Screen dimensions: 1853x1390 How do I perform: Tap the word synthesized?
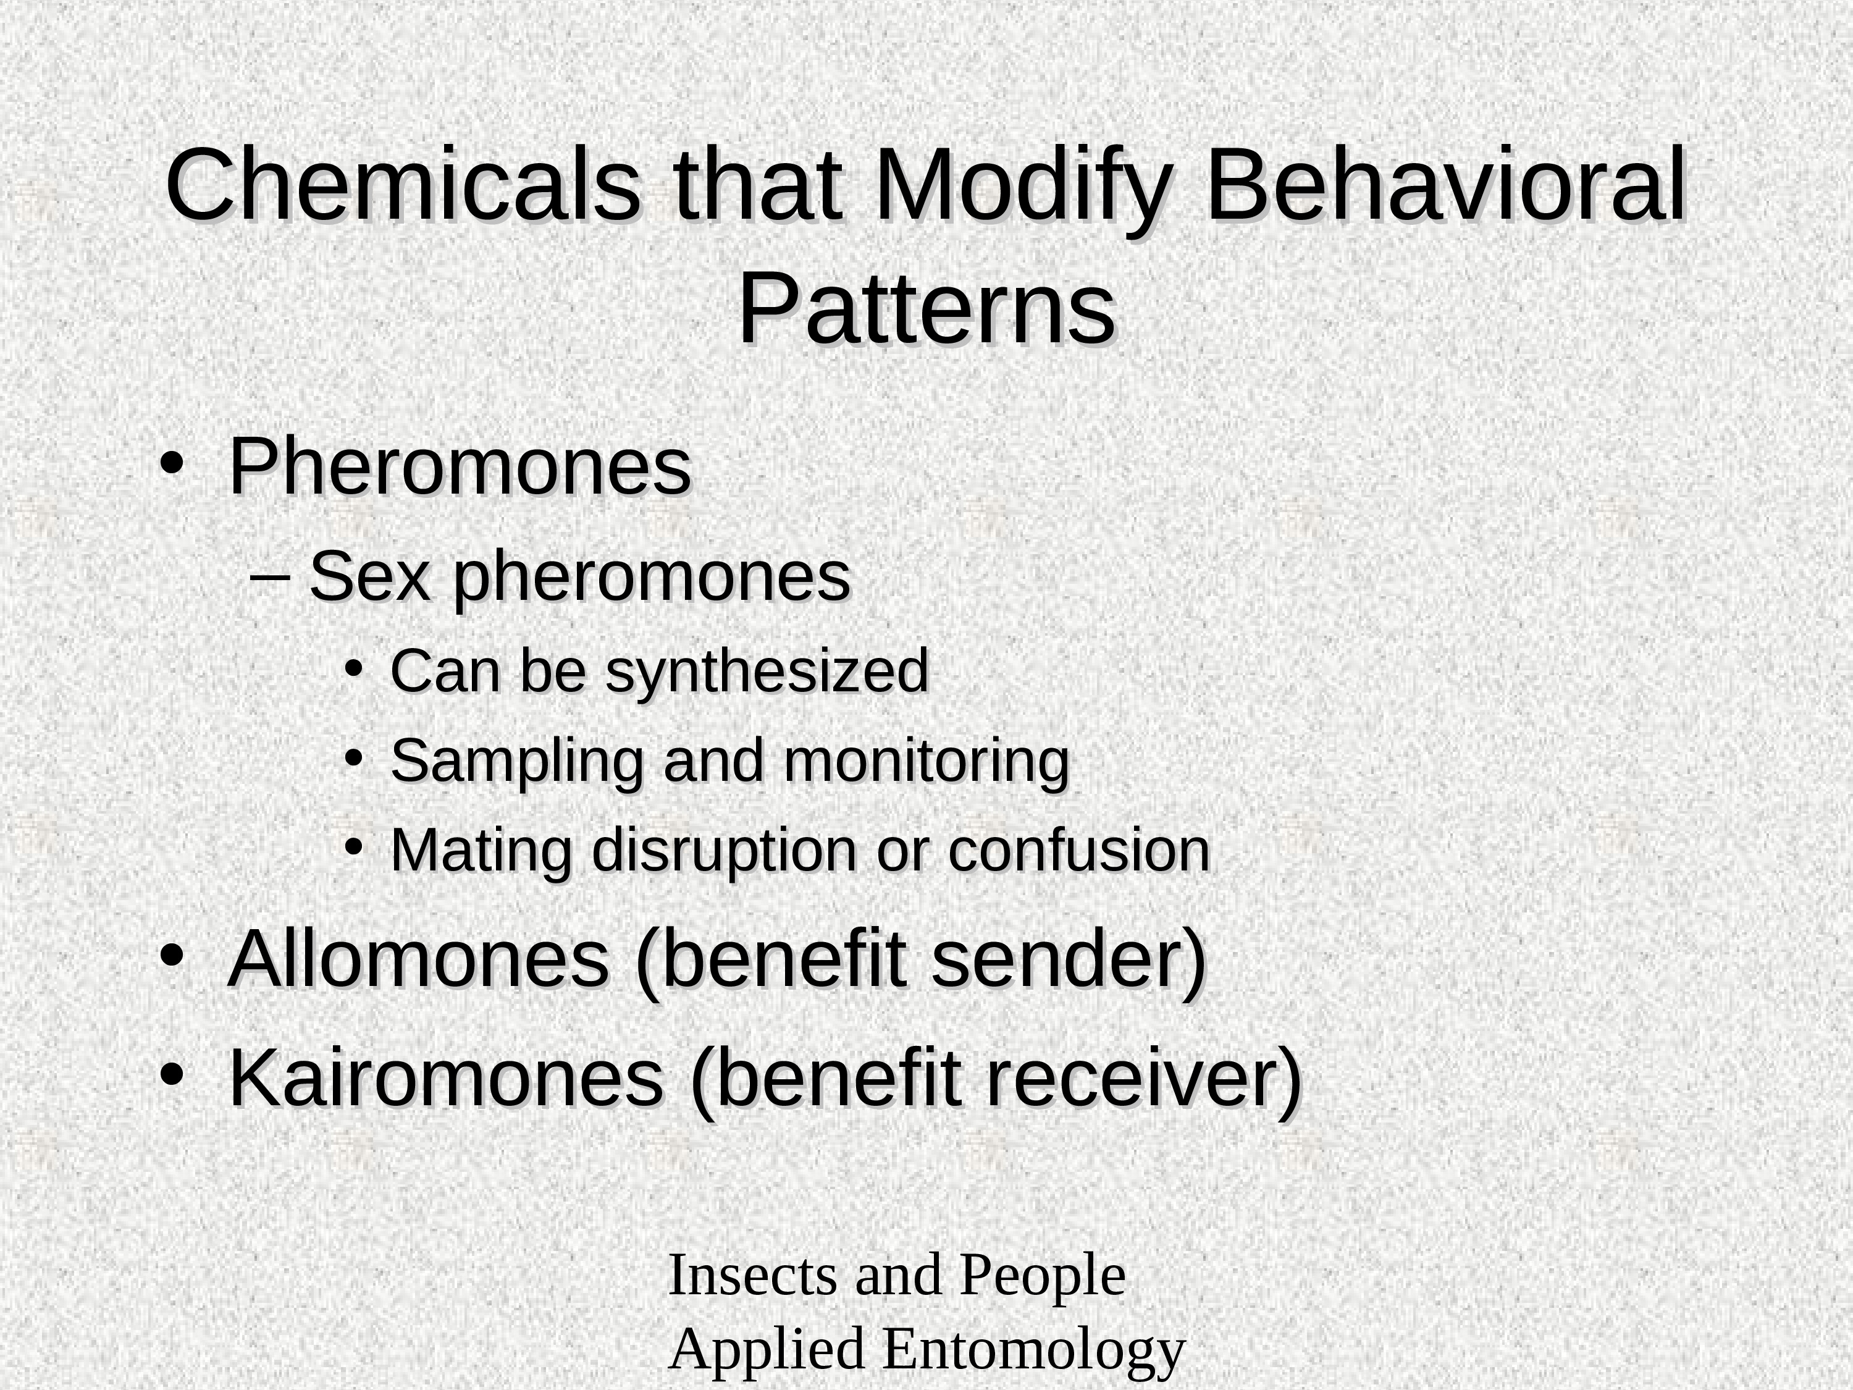pos(767,672)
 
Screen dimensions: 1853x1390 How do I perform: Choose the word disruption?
pos(725,851)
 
